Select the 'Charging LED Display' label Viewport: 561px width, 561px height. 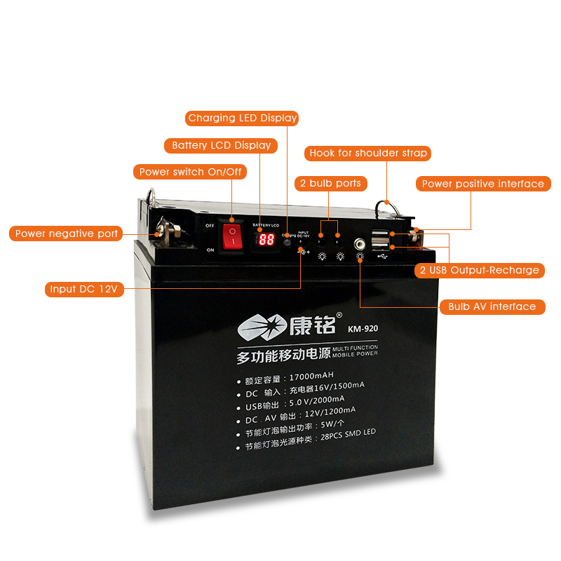click(243, 118)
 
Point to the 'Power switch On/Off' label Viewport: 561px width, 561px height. click(190, 172)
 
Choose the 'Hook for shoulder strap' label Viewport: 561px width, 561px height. click(368, 153)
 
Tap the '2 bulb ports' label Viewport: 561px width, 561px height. click(331, 183)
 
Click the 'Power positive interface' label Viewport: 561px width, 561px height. click(483, 184)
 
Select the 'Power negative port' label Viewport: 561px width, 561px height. click(67, 234)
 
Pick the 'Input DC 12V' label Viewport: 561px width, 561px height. click(83, 289)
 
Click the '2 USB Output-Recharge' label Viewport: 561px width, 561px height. click(480, 270)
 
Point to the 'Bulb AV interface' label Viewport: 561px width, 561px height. click(492, 306)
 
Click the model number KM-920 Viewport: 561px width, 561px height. click(363, 327)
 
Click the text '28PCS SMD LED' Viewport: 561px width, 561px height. click(348, 432)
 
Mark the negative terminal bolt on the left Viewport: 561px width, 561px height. click(169, 228)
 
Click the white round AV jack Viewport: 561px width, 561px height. click(360, 243)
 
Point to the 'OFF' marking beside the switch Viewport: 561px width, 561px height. click(210, 225)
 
